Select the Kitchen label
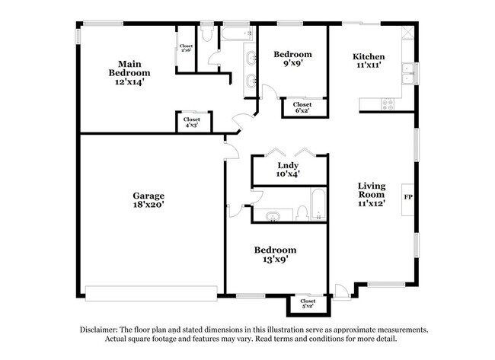pyautogui.click(x=368, y=57)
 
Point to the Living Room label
pyautogui.click(x=372, y=191)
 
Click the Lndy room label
pyautogui.click(x=288, y=165)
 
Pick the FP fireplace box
pyautogui.click(x=407, y=198)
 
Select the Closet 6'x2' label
pyautogui.click(x=302, y=107)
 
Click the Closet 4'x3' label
pyautogui.click(x=192, y=122)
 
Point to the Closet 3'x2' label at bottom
pyautogui.click(x=308, y=304)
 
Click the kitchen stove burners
pyautogui.click(x=389, y=103)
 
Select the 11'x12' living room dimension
pyautogui.click(x=372, y=203)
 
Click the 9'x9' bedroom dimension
pyautogui.click(x=293, y=64)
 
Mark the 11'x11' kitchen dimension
pyautogui.click(x=368, y=66)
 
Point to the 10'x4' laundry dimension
pyautogui.click(x=288, y=174)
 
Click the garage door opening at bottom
pyautogui.click(x=151, y=292)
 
